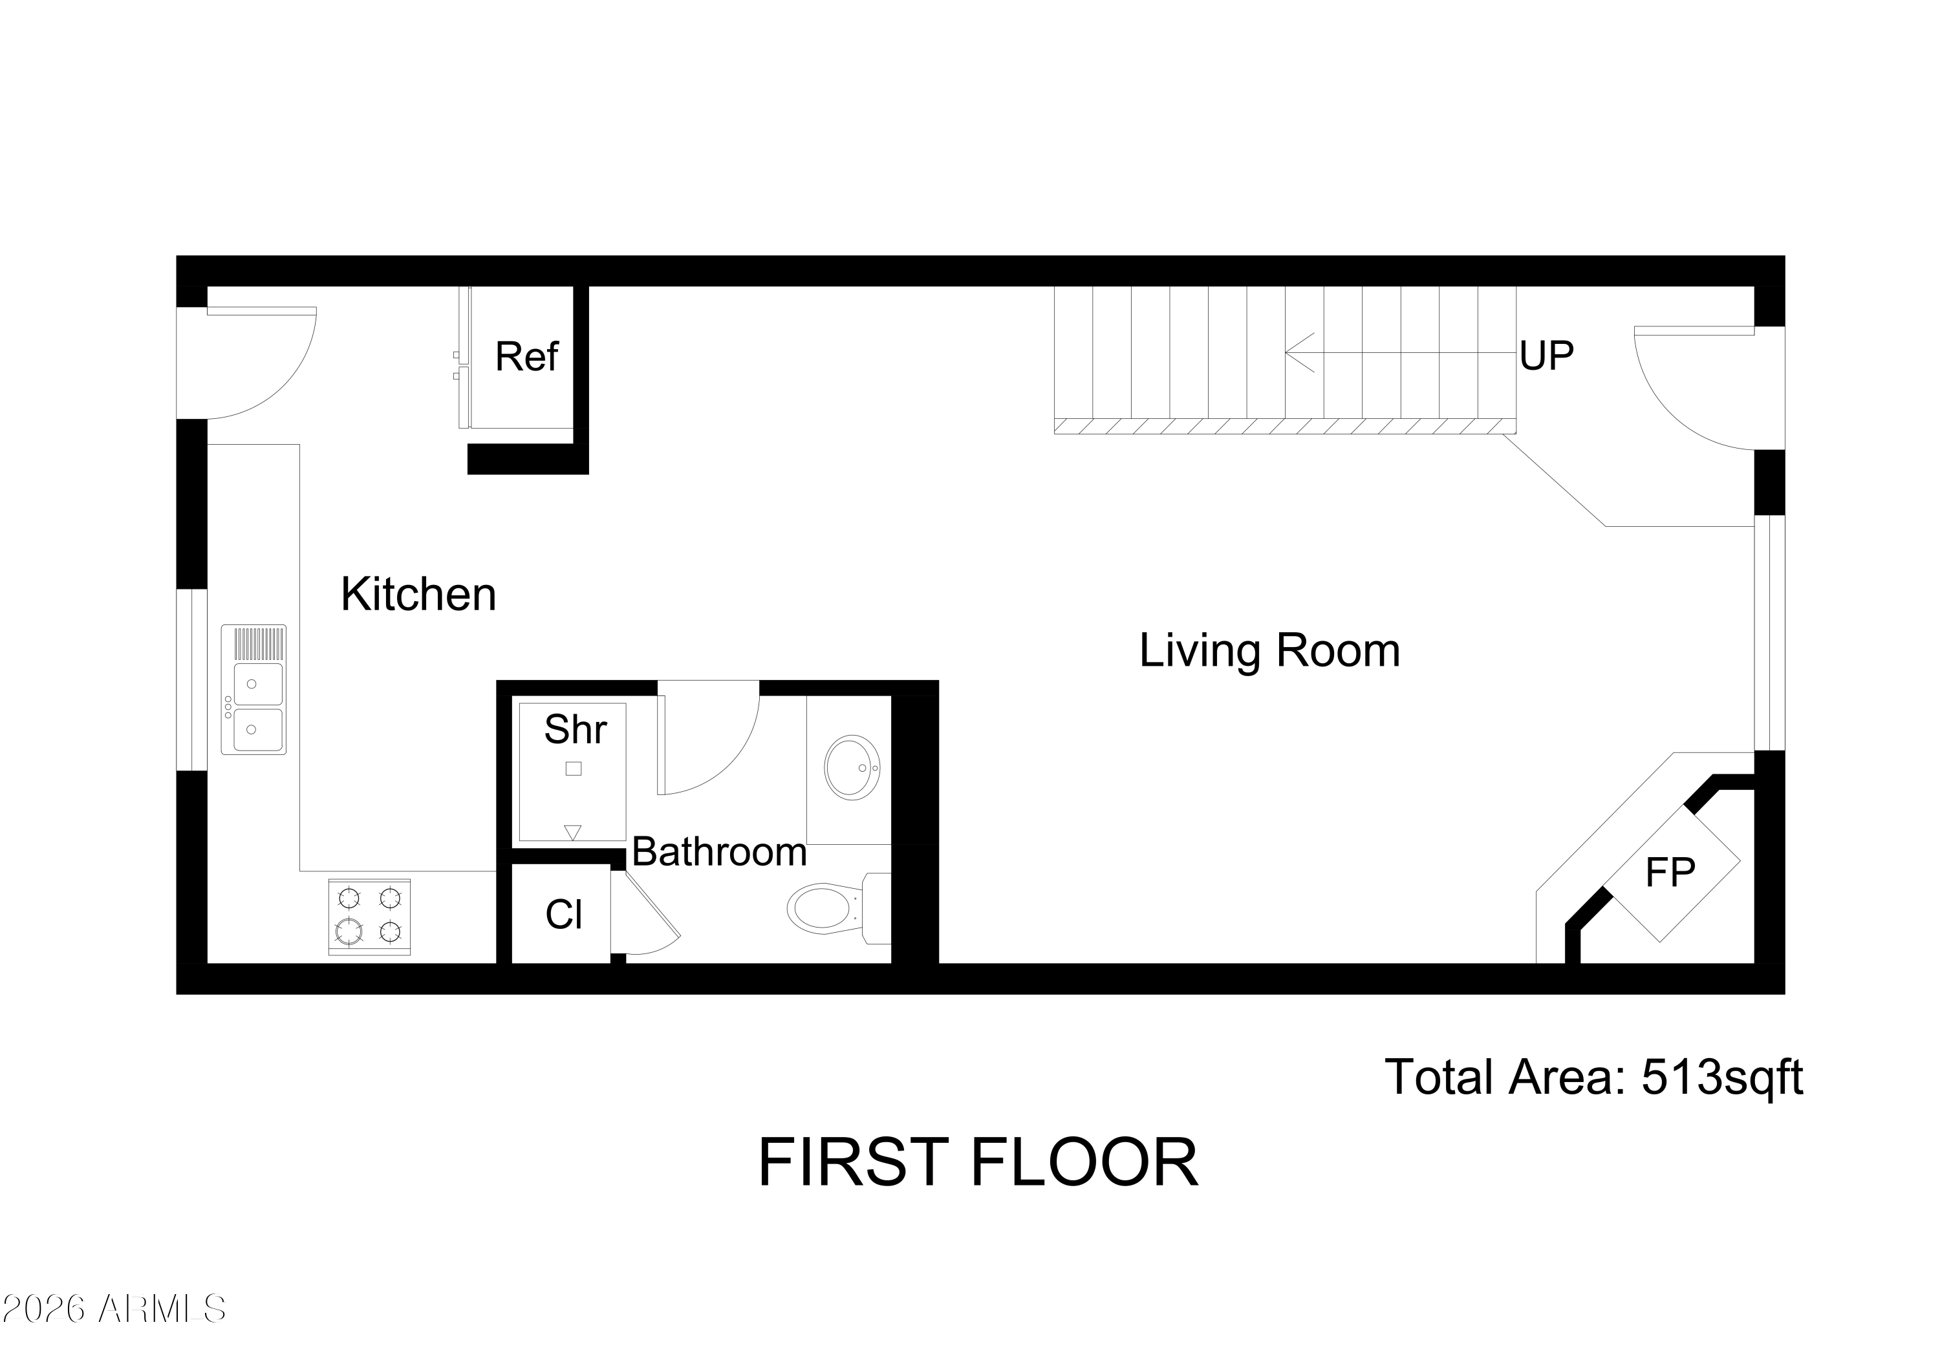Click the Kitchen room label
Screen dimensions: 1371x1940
pyautogui.click(x=418, y=595)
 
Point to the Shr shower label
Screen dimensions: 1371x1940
pyautogui.click(x=575, y=729)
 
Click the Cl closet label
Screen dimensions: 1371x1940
pyautogui.click(x=564, y=915)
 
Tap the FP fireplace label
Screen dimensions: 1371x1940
pyautogui.click(x=1670, y=873)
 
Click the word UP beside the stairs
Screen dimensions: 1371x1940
pyautogui.click(x=1546, y=356)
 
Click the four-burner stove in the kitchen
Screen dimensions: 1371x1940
pyautogui.click(x=369, y=917)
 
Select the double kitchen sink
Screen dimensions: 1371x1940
pyautogui.click(x=253, y=690)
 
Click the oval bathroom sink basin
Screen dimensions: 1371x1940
pyautogui.click(x=852, y=767)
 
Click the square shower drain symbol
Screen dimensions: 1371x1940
pyautogui.click(x=574, y=769)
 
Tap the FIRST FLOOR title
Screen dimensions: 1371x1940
pyautogui.click(x=978, y=1164)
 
